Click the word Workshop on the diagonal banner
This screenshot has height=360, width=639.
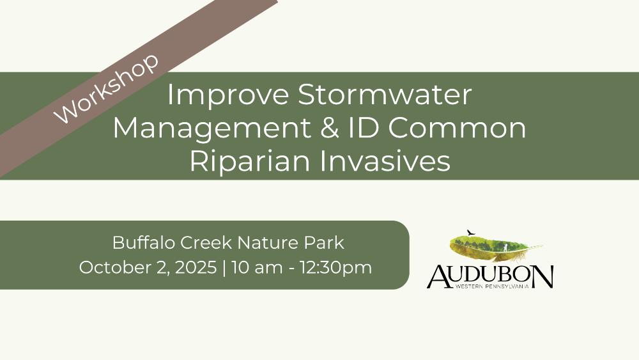pos(106,88)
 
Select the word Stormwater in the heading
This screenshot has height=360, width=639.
pos(385,95)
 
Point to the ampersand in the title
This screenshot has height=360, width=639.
pos(329,128)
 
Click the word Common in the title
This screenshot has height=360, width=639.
pos(458,128)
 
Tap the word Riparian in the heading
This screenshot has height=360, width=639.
pos(250,161)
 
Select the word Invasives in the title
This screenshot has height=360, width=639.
pos(385,161)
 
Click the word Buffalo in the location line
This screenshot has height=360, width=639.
pos(144,242)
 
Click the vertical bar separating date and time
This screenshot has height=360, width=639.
pos(224,269)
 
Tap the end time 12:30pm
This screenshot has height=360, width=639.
pos(336,269)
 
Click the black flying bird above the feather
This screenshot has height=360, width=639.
pos(471,233)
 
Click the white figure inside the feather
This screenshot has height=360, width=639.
pos(505,247)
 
